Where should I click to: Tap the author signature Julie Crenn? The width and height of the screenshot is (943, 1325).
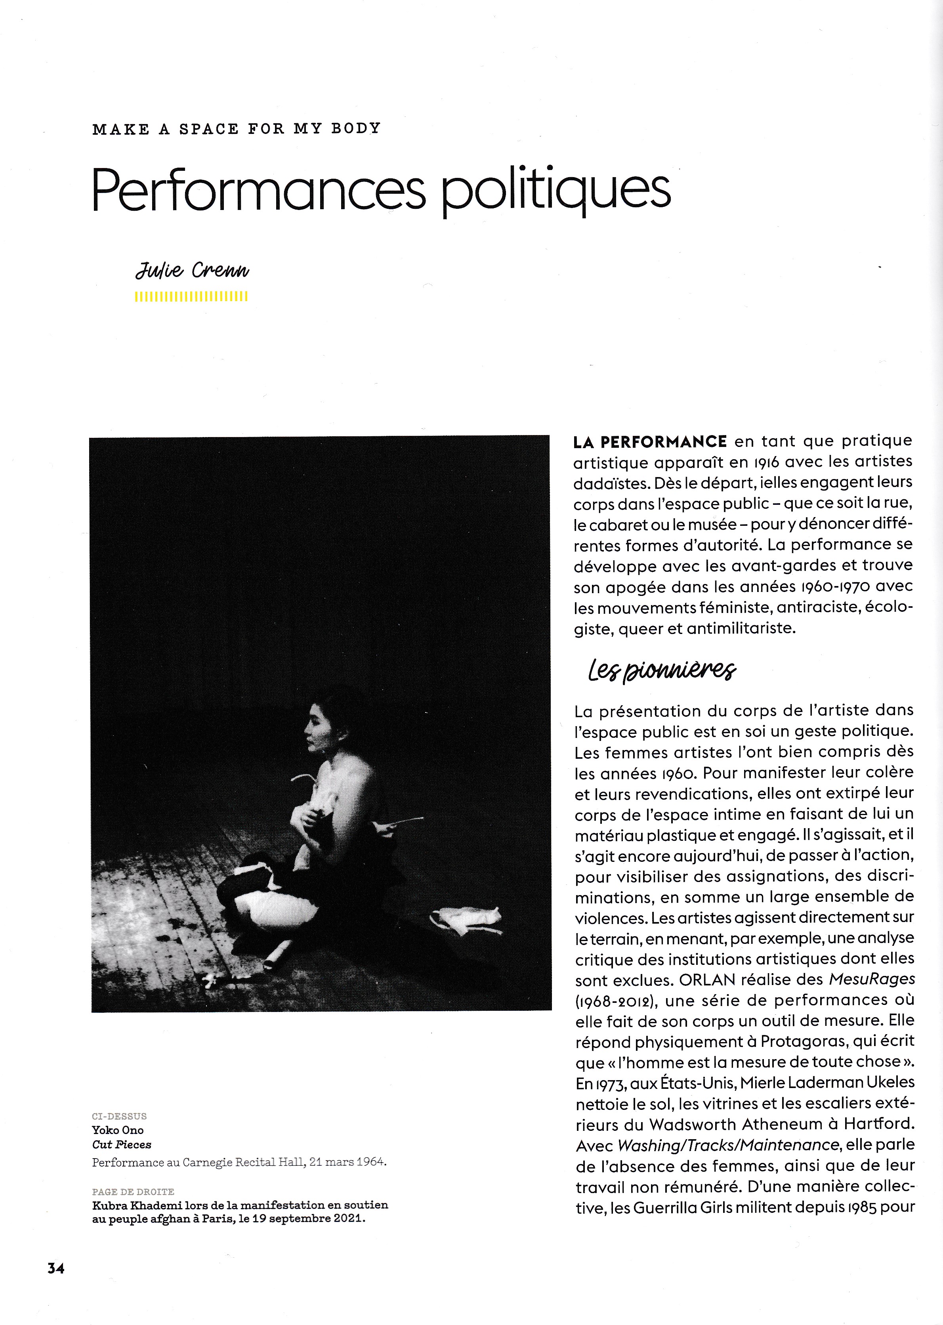point(192,271)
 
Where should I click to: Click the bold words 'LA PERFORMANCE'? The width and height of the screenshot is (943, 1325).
point(650,442)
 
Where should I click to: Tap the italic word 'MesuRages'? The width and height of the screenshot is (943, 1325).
point(872,979)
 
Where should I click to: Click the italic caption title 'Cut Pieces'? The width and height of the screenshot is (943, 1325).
point(121,1144)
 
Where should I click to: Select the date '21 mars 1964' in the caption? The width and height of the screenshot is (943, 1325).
point(347,1162)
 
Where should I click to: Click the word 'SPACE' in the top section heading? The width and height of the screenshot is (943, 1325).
point(208,129)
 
